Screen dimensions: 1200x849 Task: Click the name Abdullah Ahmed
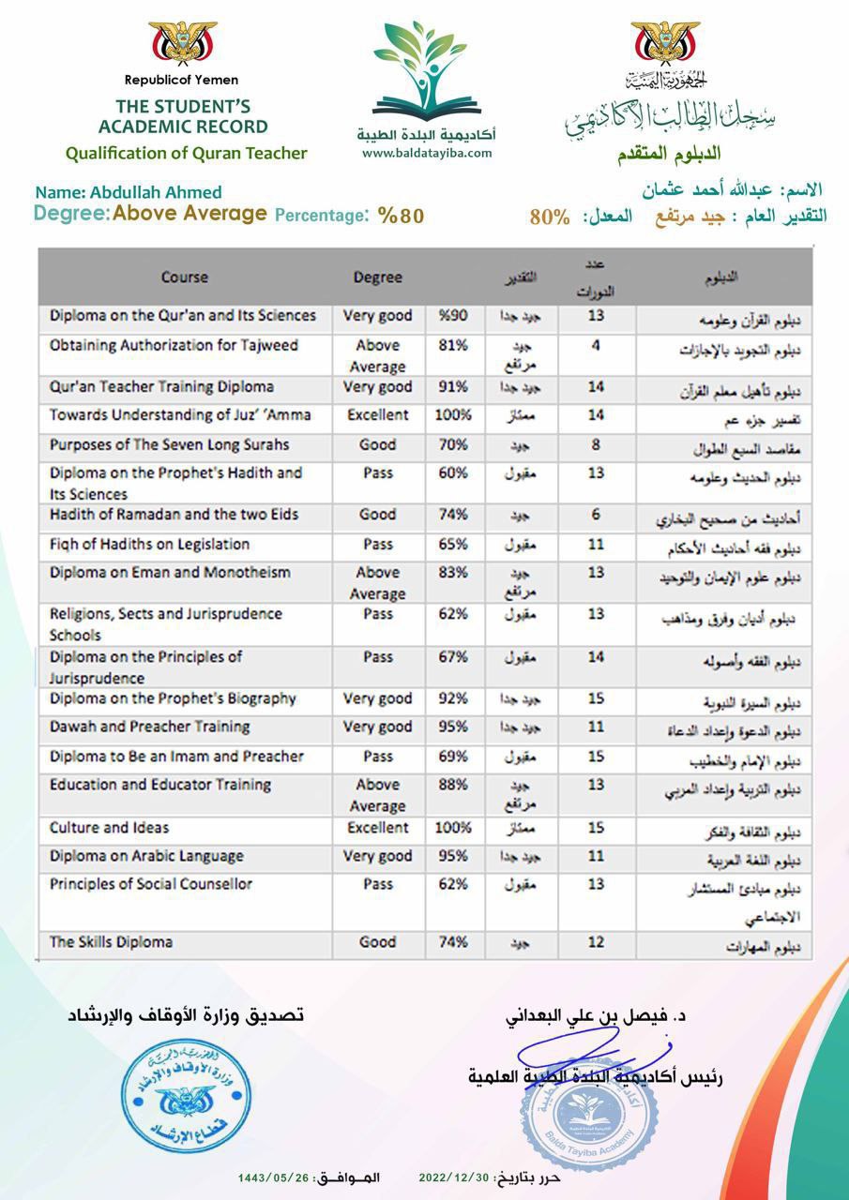tap(128, 193)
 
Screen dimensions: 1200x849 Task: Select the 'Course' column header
tap(185, 277)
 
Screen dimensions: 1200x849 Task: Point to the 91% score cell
tap(453, 387)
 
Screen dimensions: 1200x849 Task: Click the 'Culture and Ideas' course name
tap(110, 828)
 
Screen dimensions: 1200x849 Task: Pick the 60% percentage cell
tap(453, 473)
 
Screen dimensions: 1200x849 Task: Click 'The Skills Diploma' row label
tap(111, 942)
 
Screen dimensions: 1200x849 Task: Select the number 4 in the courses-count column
tap(595, 345)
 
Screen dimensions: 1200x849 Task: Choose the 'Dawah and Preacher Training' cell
tap(149, 727)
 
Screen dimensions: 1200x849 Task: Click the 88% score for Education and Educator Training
tap(453, 785)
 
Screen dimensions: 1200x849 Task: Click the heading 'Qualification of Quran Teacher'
tap(186, 153)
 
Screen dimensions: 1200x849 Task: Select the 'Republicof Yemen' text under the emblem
tap(182, 81)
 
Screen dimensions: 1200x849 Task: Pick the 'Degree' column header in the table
tap(377, 277)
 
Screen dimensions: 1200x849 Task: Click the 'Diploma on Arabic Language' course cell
tap(146, 856)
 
